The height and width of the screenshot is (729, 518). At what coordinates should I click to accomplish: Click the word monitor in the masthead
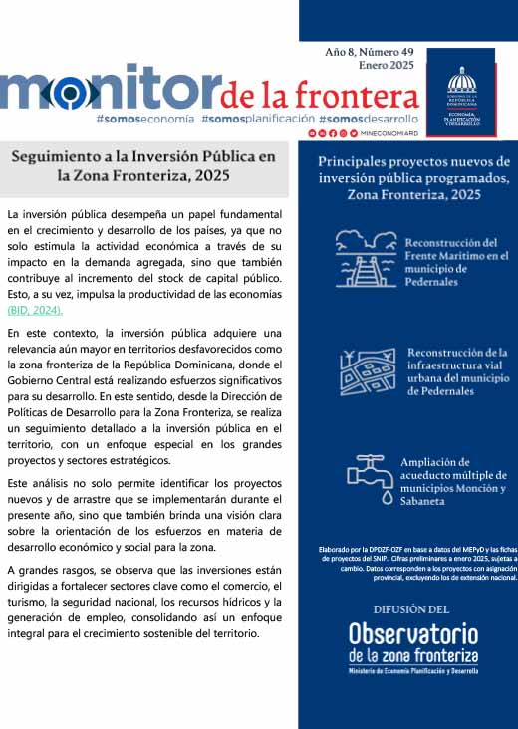click(107, 90)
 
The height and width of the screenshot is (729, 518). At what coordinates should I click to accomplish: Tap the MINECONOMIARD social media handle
click(386, 132)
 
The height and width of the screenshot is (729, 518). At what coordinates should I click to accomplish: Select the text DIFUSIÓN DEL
click(411, 608)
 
